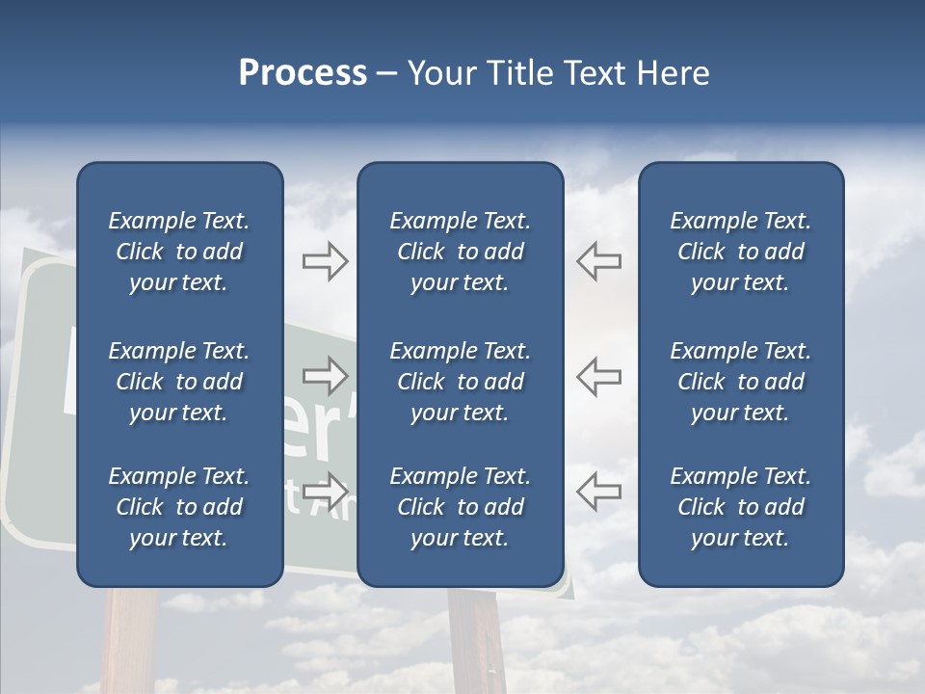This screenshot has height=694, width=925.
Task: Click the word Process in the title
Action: coord(303,73)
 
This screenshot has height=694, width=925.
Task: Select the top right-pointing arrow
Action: coord(326,261)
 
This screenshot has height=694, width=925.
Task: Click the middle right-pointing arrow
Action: coord(326,376)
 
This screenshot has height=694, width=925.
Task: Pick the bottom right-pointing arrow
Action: coord(326,491)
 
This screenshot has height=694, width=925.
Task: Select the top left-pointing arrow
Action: coord(598,261)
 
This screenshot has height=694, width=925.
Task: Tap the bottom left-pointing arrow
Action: coord(598,491)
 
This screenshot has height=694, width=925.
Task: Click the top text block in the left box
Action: coord(179,252)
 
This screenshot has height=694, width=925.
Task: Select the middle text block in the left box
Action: coord(179,382)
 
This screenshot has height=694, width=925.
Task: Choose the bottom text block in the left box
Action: coord(179,507)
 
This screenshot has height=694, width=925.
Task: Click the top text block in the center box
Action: coord(460,252)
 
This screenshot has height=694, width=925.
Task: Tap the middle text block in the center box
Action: coord(460,382)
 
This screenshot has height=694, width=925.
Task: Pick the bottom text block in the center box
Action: coord(460,507)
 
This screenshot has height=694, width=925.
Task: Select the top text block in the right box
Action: coord(740,252)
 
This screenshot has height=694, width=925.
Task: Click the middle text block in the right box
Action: coord(740,382)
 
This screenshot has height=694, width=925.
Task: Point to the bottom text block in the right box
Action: coord(740,507)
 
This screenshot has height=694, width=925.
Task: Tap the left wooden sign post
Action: coord(131,641)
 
